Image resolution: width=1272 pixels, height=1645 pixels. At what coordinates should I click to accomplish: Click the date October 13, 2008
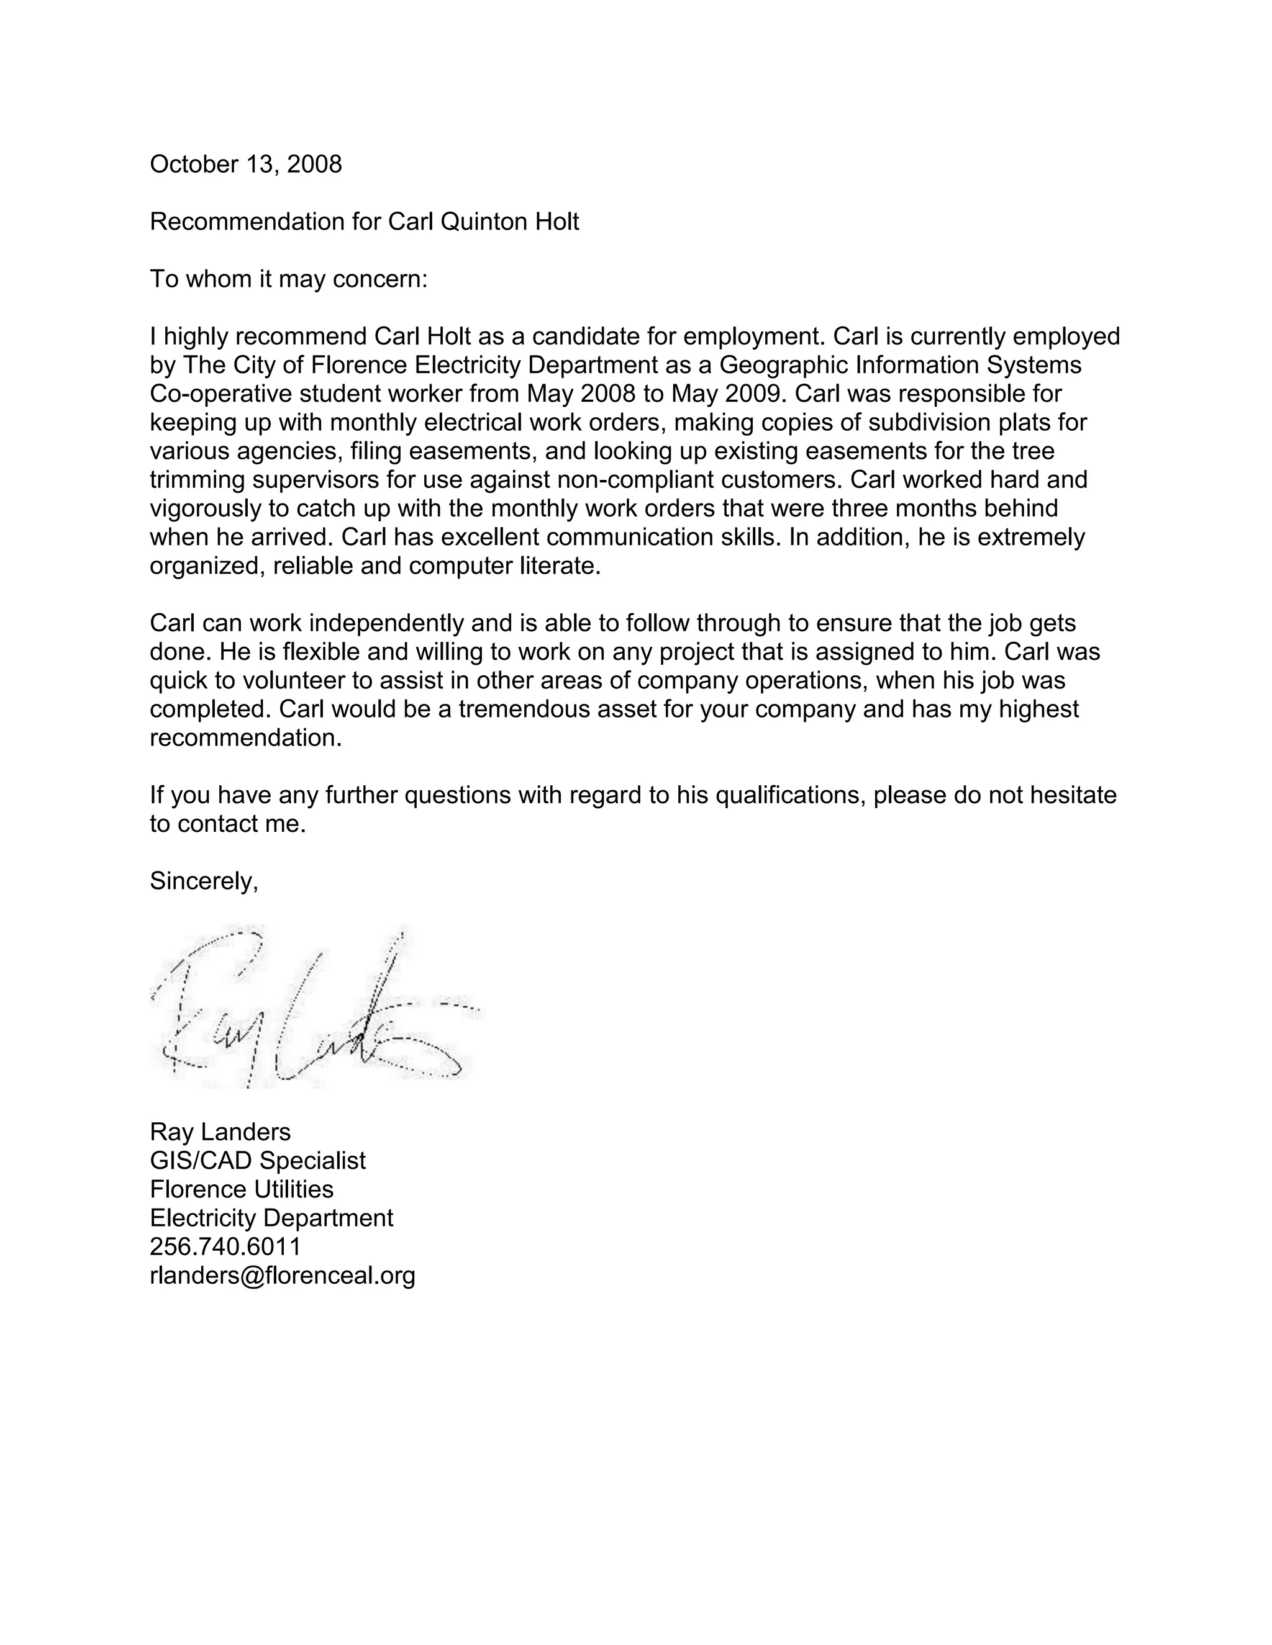(246, 164)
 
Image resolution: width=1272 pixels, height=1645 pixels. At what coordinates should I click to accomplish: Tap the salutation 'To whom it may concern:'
(289, 279)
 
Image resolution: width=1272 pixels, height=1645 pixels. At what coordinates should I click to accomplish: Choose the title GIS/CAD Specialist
(258, 1160)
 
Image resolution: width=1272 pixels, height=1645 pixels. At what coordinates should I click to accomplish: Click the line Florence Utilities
(241, 1189)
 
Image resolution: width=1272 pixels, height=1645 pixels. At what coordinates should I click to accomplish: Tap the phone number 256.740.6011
(225, 1246)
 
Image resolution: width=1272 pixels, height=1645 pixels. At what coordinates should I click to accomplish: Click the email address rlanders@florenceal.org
(283, 1274)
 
